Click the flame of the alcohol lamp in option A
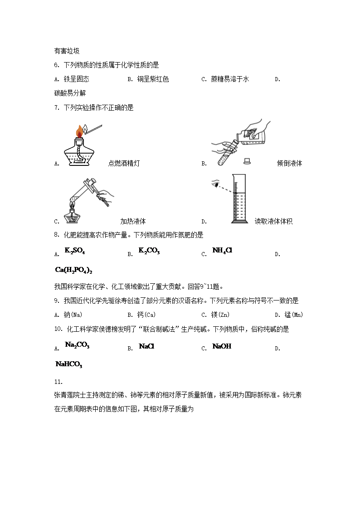click(80, 131)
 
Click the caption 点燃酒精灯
click(124, 164)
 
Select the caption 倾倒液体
click(289, 164)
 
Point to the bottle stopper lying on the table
click(247, 160)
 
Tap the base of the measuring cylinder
click(238, 221)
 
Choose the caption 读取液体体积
click(273, 222)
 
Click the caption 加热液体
click(133, 222)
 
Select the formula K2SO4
click(75, 251)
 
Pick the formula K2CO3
click(149, 251)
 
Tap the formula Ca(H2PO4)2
click(73, 270)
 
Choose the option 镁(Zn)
click(223, 315)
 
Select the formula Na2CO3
click(77, 345)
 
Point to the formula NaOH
click(222, 346)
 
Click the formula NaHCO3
click(68, 364)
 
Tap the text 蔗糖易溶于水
click(230, 79)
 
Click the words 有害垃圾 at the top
click(67, 51)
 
